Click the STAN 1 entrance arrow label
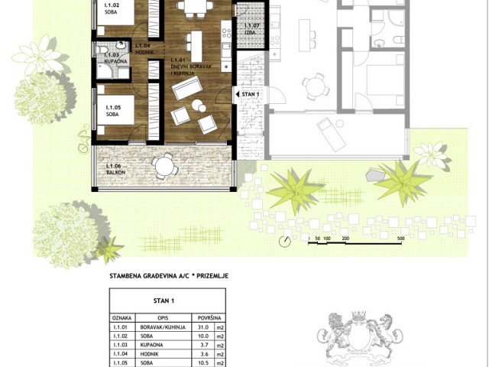[250, 94]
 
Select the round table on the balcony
[164, 165]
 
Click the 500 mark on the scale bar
[400, 239]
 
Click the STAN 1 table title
[164, 301]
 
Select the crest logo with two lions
[360, 336]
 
